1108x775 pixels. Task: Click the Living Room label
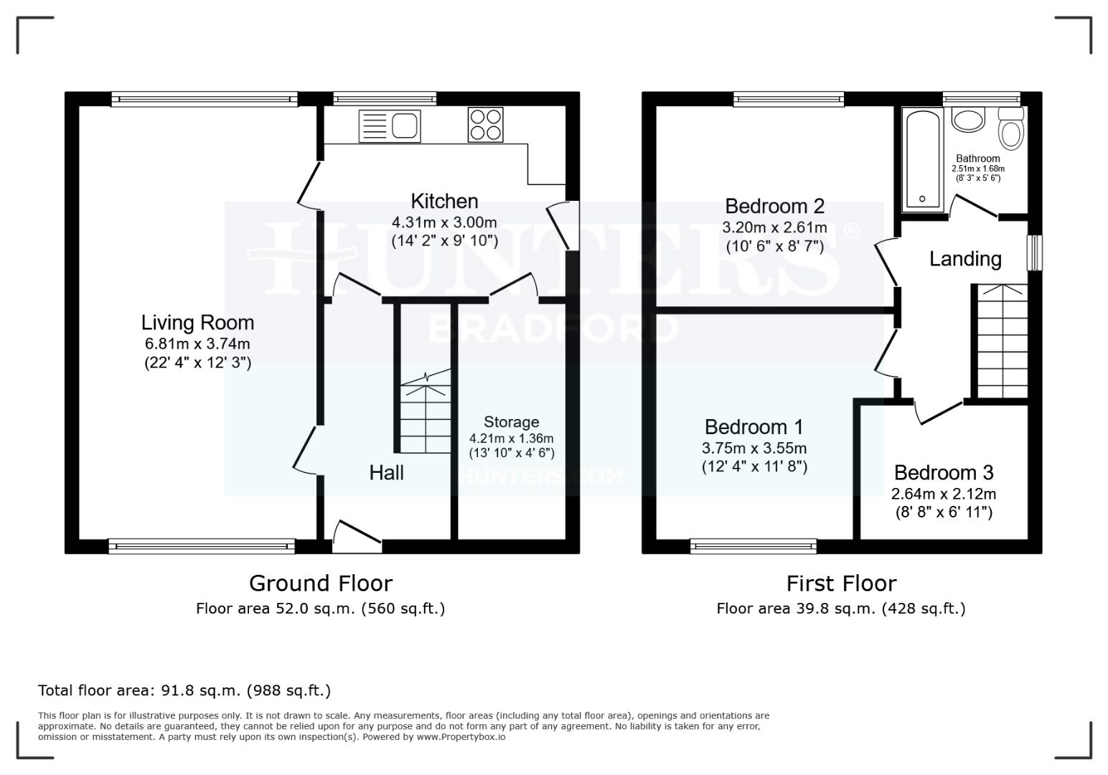[197, 323]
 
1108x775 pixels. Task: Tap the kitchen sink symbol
[389, 126]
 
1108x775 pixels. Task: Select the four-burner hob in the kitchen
[485, 124]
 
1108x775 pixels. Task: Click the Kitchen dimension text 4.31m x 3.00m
[444, 222]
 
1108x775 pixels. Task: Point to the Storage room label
[511, 422]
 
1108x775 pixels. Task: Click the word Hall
[386, 472]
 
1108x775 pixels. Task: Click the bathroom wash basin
[969, 119]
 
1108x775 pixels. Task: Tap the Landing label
[965, 258]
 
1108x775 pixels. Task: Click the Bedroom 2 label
[774, 206]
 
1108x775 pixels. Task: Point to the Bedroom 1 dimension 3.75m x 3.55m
[754, 448]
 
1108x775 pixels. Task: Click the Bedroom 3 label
[944, 472]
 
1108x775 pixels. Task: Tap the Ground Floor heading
[321, 583]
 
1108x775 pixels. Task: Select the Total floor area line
[184, 690]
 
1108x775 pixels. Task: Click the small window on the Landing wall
[1034, 253]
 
